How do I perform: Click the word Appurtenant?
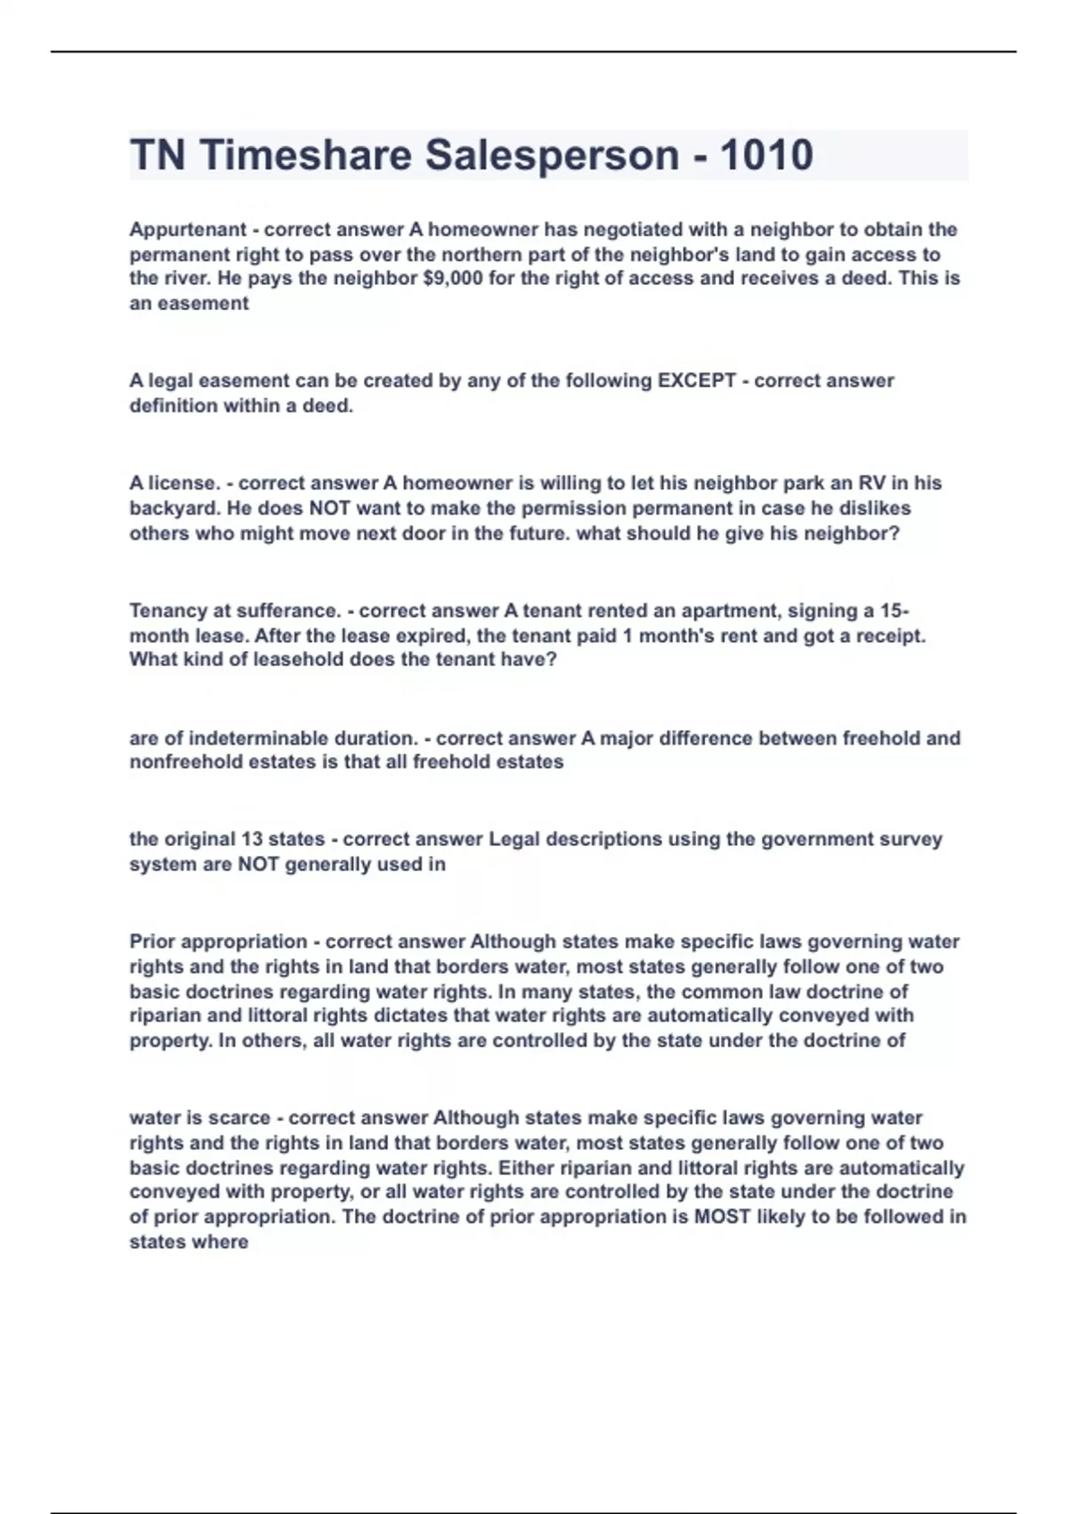point(188,230)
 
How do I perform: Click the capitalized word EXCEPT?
point(696,381)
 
